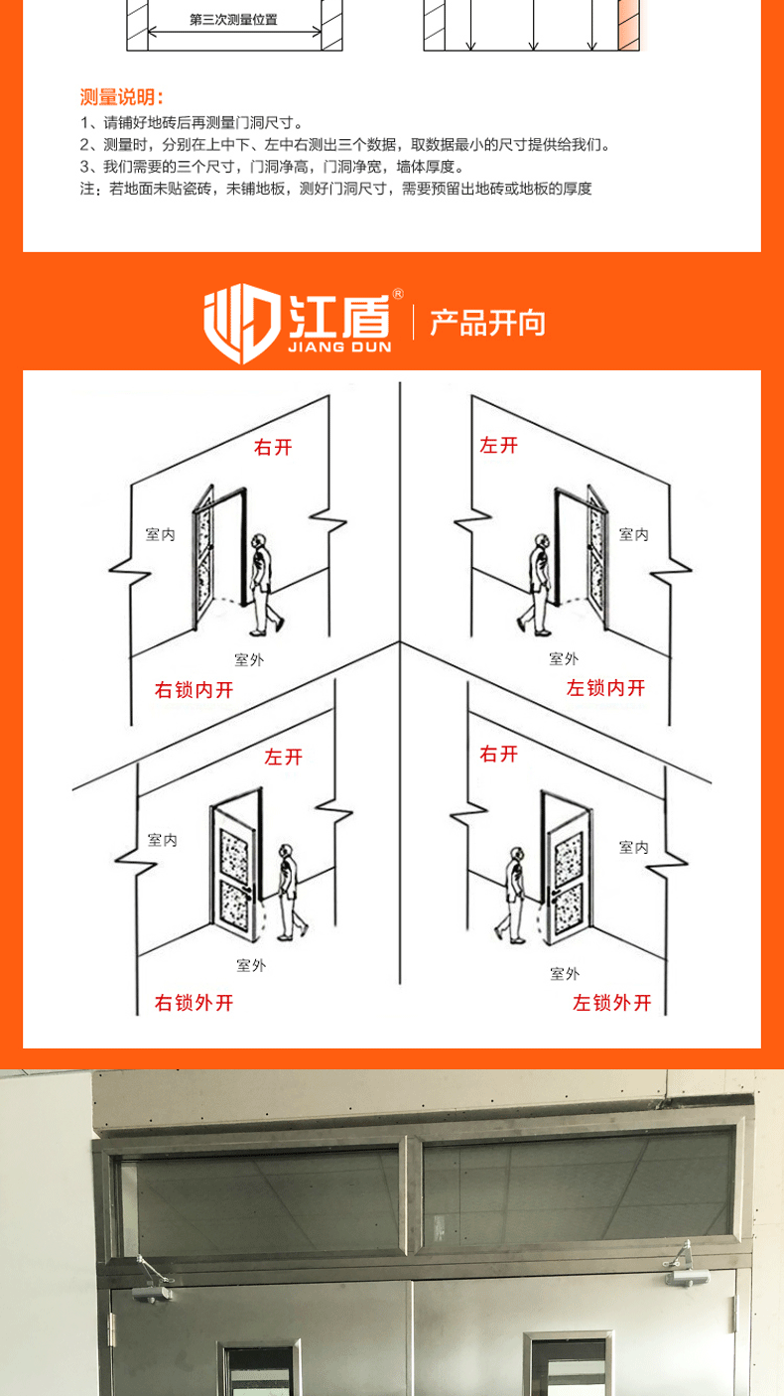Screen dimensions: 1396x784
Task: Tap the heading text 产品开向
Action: tap(487, 324)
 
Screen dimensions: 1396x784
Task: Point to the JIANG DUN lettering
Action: tap(339, 349)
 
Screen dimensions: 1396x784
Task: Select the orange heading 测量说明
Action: tap(121, 97)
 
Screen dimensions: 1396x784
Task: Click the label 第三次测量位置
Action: tap(233, 19)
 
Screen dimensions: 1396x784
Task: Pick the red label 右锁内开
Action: tap(194, 690)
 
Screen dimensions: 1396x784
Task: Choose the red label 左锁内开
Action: tap(605, 688)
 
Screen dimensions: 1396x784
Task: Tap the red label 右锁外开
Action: tap(194, 1003)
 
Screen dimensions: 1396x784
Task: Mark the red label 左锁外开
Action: tap(612, 1003)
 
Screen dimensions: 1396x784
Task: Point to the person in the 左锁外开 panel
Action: tap(515, 894)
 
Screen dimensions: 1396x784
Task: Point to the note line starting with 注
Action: tap(335, 189)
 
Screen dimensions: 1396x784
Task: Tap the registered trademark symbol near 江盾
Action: tap(398, 294)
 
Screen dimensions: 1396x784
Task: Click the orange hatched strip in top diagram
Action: tap(627, 25)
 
